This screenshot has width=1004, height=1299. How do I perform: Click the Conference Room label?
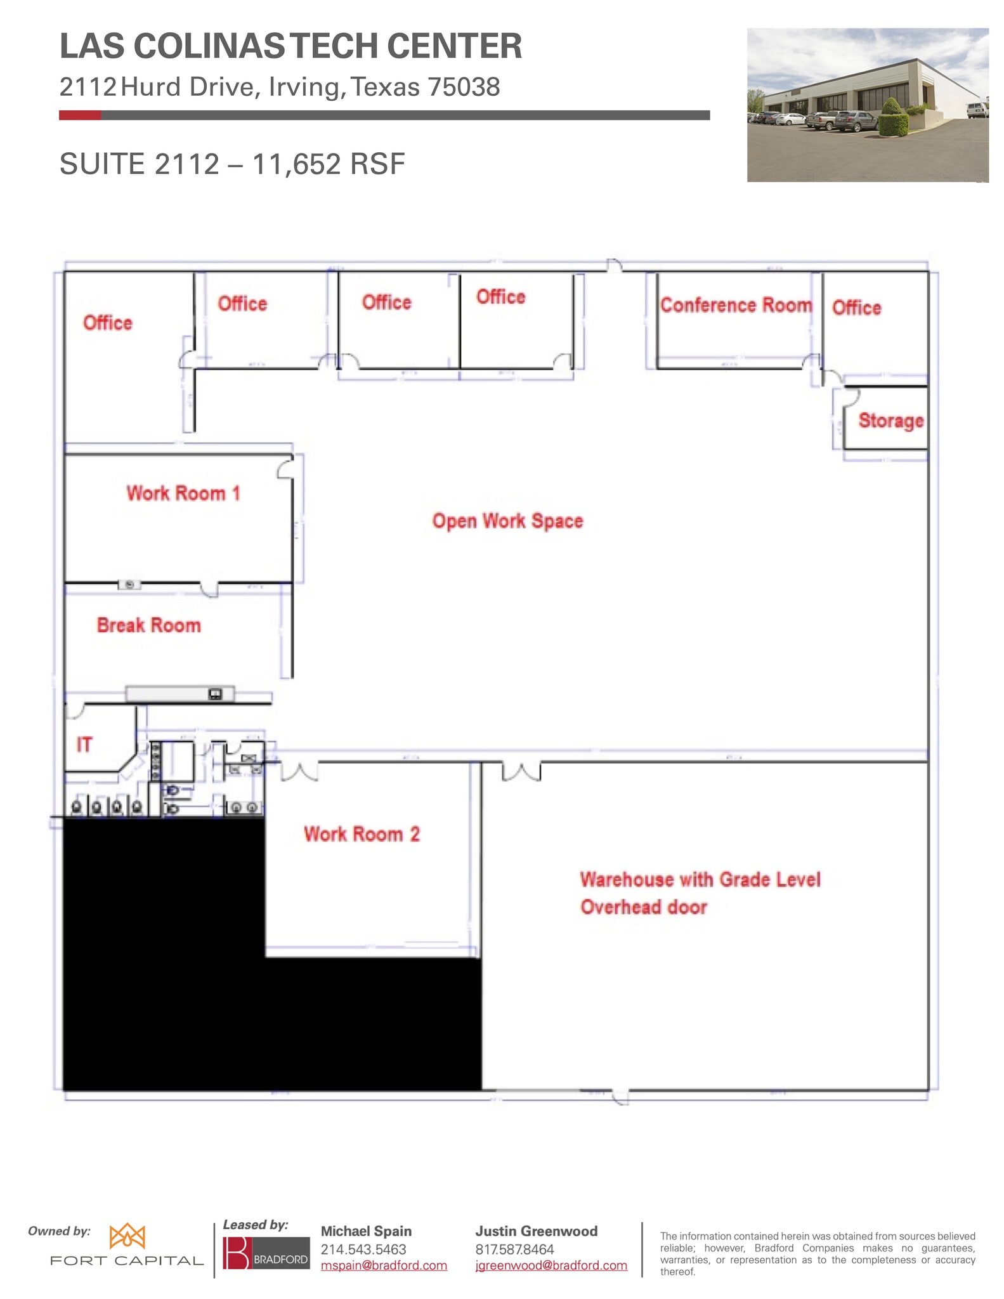(x=736, y=305)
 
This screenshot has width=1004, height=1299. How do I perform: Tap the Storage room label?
(x=890, y=421)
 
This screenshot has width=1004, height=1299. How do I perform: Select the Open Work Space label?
(x=507, y=521)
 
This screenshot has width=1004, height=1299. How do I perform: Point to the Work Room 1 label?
(x=183, y=493)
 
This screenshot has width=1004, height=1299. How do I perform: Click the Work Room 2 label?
(x=362, y=833)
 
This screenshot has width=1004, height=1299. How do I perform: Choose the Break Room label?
(x=148, y=625)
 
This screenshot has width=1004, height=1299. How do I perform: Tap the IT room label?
(x=84, y=744)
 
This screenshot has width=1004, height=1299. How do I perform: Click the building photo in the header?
(x=867, y=105)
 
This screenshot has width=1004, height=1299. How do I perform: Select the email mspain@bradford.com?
(x=384, y=1265)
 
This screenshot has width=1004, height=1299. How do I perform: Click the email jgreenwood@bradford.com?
(x=551, y=1265)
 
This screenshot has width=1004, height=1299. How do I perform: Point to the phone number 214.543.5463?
(x=363, y=1249)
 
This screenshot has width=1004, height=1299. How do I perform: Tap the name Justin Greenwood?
(x=536, y=1231)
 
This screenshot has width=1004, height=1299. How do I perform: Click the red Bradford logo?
(x=237, y=1253)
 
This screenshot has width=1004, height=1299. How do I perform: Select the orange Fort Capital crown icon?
(x=127, y=1236)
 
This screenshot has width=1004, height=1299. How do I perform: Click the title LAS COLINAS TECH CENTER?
(x=290, y=46)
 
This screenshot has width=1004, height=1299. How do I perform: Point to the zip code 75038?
(x=464, y=87)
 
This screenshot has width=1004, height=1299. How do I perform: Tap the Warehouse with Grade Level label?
(x=700, y=880)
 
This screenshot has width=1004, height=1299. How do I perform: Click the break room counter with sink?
(x=180, y=694)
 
